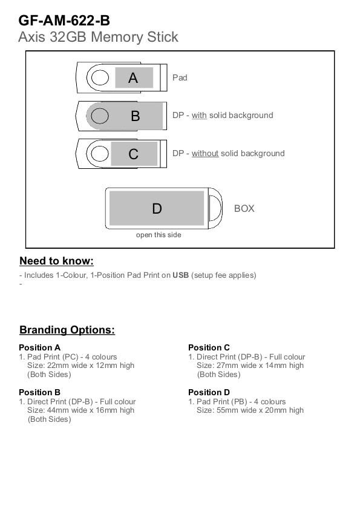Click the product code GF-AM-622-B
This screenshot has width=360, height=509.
64,21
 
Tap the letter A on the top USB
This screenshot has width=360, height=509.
133,78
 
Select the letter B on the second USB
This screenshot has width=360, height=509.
136,116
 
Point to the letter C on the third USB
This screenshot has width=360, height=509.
134,154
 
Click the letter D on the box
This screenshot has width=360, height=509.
157,208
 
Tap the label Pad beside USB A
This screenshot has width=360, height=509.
180,77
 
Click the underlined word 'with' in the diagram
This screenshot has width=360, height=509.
199,115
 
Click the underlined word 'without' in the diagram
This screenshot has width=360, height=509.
205,153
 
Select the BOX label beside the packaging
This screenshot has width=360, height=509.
244,208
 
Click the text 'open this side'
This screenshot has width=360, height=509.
159,235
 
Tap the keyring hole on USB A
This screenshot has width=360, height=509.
100,78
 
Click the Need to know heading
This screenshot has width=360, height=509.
56,261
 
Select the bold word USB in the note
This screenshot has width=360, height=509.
180,275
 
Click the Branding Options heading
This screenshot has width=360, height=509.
67,330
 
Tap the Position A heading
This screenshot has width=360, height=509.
39,347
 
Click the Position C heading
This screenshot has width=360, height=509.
209,347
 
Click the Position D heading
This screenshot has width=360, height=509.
209,392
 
